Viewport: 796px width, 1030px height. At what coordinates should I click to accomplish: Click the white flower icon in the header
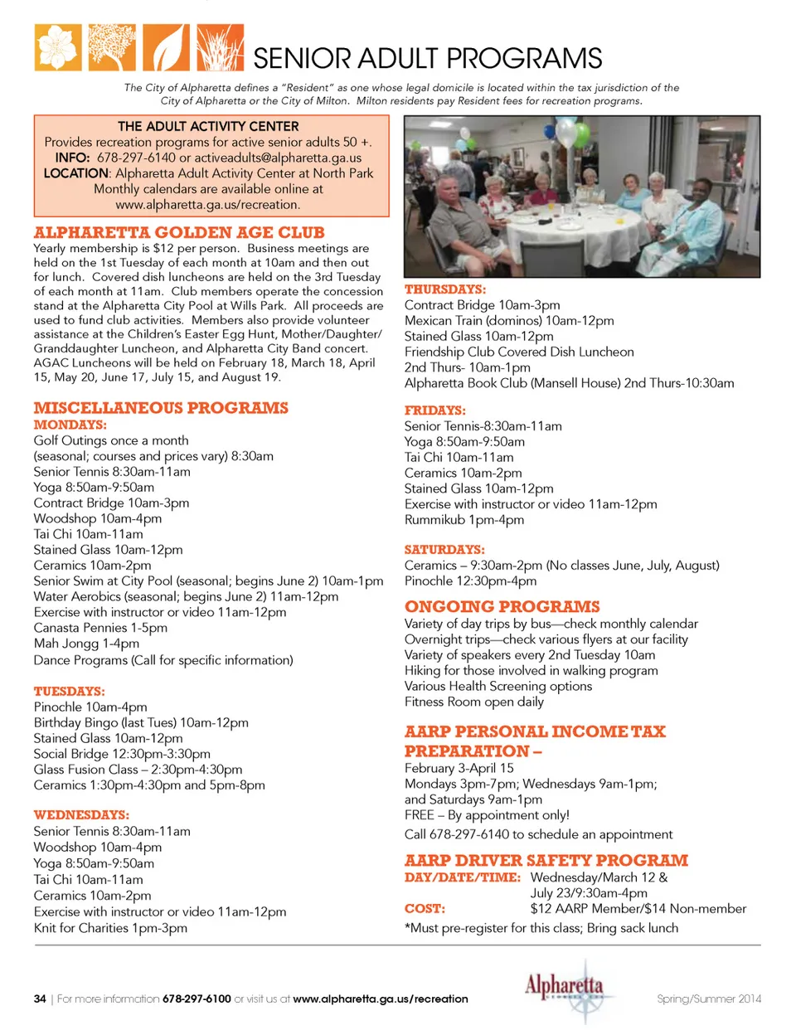click(58, 47)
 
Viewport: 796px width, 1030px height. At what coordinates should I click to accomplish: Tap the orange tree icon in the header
click(112, 47)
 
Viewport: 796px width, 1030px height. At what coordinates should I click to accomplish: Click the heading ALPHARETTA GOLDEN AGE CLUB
click(179, 233)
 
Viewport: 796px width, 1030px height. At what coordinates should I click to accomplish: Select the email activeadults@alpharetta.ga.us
click(278, 158)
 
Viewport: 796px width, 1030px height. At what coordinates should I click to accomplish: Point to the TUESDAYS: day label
click(69, 691)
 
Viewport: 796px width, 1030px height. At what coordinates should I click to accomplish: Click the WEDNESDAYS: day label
click(81, 815)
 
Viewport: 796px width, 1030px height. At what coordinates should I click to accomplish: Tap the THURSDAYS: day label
click(445, 289)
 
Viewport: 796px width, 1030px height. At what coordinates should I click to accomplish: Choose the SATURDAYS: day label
click(444, 550)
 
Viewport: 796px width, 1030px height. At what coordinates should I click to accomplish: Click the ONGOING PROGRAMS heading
click(502, 607)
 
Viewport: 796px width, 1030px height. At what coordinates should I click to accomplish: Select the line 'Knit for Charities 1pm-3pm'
click(110, 928)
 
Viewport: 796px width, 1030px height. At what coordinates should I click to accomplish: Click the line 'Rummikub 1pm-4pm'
click(464, 520)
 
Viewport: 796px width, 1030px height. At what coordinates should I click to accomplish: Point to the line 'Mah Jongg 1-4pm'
click(86, 644)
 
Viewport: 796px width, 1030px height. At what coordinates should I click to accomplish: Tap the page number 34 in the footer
click(40, 998)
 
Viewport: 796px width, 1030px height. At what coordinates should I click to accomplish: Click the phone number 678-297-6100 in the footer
click(197, 998)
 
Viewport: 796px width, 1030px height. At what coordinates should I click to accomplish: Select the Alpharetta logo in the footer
click(564, 989)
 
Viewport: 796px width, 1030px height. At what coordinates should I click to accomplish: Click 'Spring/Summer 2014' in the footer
click(709, 998)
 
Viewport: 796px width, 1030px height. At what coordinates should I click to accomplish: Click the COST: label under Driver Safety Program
click(425, 909)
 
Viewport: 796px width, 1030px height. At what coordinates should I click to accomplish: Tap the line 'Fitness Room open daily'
click(474, 702)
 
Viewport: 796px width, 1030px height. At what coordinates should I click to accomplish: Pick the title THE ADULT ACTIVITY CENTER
click(208, 126)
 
